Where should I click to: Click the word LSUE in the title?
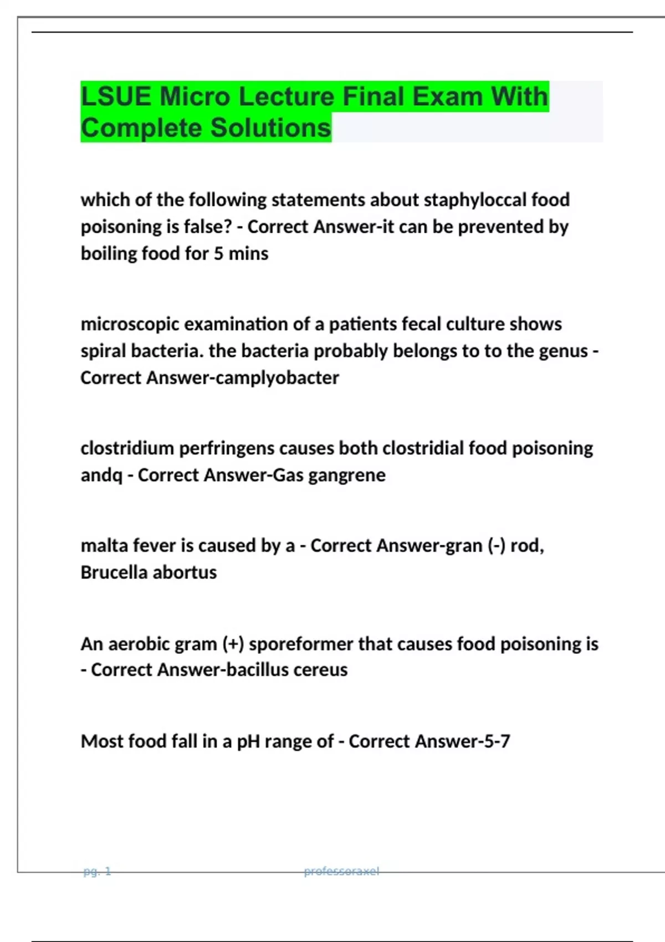(x=116, y=97)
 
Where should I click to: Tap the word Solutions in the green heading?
(x=270, y=128)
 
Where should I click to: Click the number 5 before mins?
(x=218, y=254)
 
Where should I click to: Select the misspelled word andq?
(x=101, y=475)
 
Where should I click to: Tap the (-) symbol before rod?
(x=497, y=546)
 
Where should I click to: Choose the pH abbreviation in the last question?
(x=248, y=741)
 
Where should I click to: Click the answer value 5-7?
(x=496, y=741)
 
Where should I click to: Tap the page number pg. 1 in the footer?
(x=97, y=872)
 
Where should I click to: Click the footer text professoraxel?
(x=341, y=872)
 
